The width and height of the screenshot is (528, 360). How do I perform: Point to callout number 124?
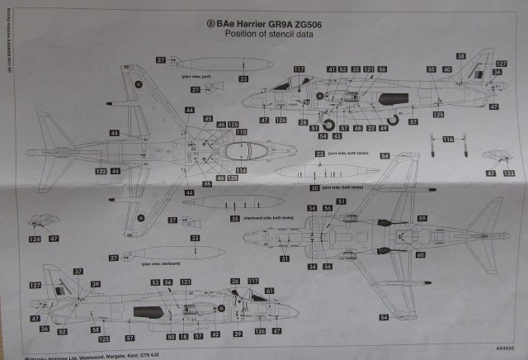pos(34,239)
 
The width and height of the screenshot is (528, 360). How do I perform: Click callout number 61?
pos(269,291)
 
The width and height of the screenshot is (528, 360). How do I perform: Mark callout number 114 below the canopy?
pos(241,170)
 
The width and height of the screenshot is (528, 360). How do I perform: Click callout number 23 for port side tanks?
pos(319,154)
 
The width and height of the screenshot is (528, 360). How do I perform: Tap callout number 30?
pos(314,188)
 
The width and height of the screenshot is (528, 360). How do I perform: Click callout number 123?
pos(369,69)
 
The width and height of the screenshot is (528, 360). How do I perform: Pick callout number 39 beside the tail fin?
pos(96,283)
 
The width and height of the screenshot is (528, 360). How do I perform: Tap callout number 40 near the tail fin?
pos(446,69)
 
